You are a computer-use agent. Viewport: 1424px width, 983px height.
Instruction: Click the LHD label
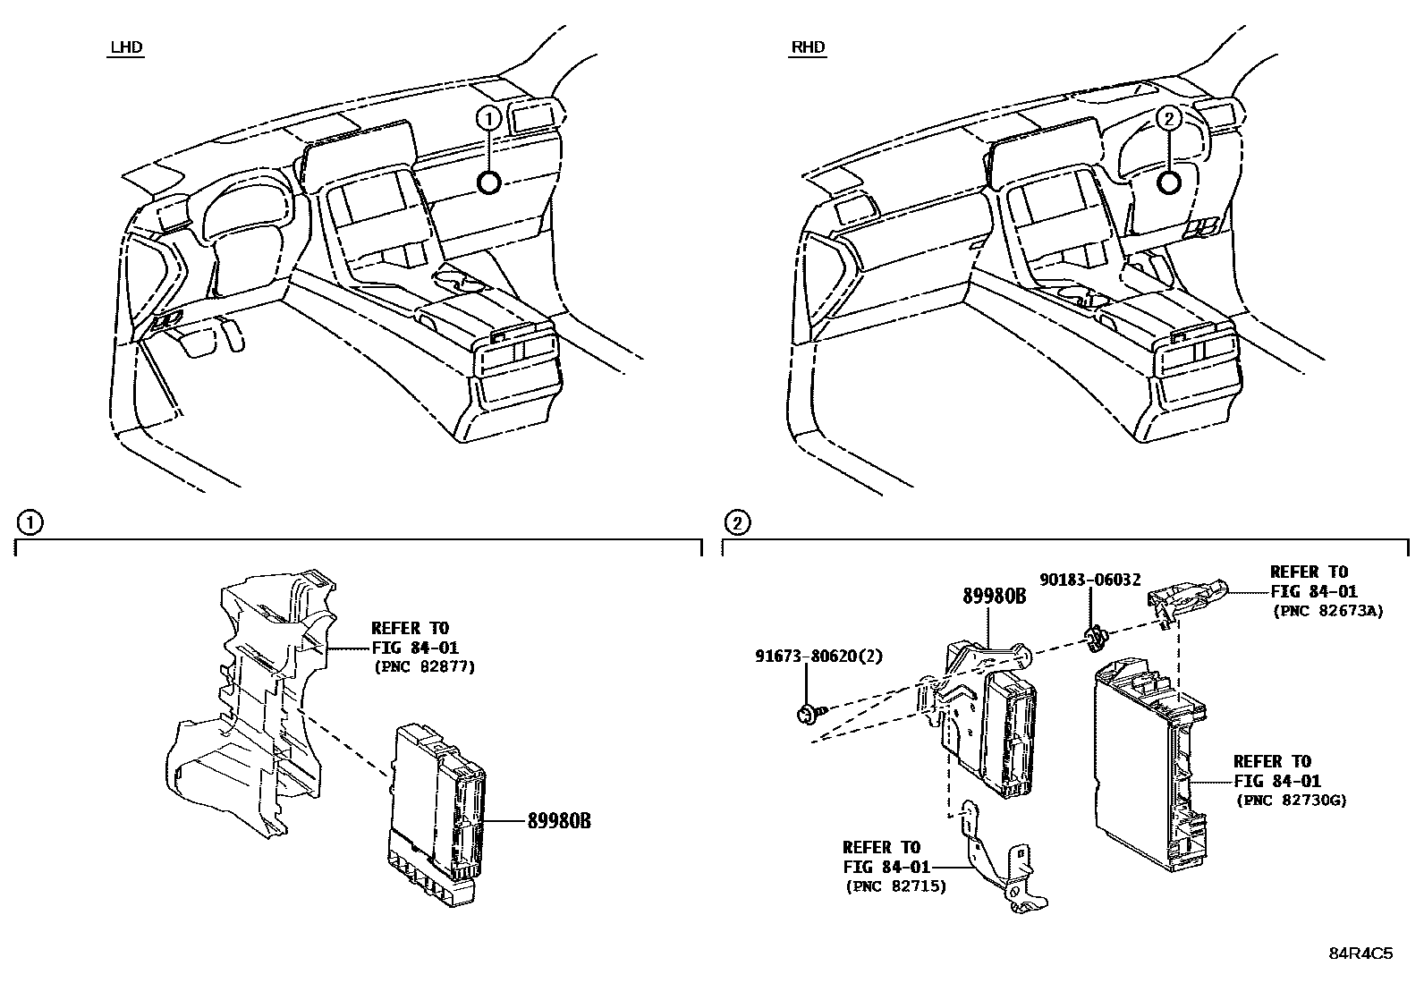125,47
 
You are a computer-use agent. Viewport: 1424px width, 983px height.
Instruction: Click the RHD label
808,47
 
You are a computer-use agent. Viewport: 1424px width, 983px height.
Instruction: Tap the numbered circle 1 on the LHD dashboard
487,117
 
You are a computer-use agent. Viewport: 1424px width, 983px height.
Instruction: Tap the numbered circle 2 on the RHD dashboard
1168,117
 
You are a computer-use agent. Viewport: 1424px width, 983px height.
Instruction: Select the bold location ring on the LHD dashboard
488,182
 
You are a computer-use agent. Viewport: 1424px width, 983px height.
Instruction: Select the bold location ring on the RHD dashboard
1168,182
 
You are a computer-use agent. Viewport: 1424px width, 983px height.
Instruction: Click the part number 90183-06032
1089,580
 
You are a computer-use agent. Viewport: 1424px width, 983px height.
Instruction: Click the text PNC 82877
424,666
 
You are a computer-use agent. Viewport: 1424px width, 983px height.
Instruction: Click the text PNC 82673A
1327,611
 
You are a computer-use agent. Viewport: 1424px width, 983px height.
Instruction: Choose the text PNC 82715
894,886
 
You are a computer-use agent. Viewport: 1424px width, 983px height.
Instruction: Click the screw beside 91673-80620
808,714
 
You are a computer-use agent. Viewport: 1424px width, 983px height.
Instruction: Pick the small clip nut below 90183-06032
1096,638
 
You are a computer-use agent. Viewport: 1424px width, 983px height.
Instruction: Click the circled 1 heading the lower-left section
30,521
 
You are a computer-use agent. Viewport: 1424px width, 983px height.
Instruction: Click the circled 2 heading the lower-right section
737,521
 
